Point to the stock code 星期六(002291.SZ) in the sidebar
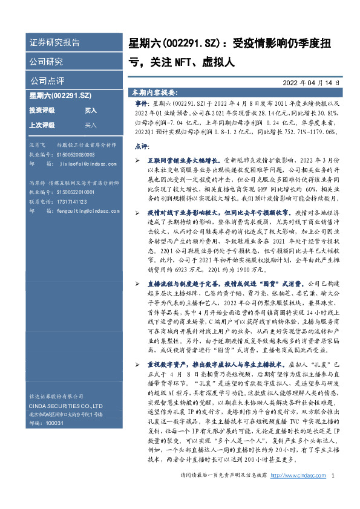[x=61, y=96]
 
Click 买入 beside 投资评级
[x=91, y=111]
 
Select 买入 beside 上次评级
[x=91, y=125]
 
